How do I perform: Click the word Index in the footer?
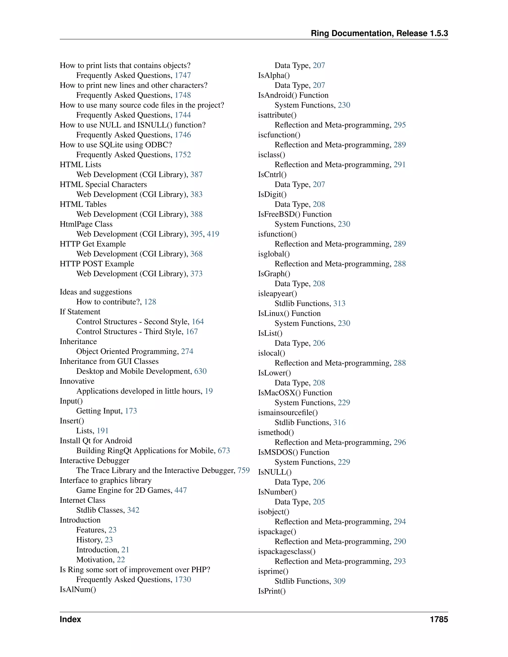pyautogui.click(x=70, y=619)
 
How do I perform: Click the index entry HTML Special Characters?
pyautogui.click(x=103, y=184)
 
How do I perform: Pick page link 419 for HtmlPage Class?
pyautogui.click(x=213, y=234)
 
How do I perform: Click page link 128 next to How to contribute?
pyautogui.click(x=150, y=302)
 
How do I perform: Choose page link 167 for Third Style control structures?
pyautogui.click(x=192, y=331)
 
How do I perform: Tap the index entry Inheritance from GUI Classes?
pyautogui.click(x=109, y=361)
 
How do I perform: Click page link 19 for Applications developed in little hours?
pyautogui.click(x=209, y=391)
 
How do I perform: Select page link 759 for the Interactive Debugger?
pyautogui.click(x=244, y=471)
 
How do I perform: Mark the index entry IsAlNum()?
pyautogui.click(x=78, y=590)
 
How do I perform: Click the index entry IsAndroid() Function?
pyautogui.click(x=293, y=95)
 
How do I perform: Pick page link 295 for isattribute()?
pyautogui.click(x=399, y=125)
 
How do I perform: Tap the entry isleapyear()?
pyautogui.click(x=277, y=294)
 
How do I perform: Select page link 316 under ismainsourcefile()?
pyautogui.click(x=339, y=423)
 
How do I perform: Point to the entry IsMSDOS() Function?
pyautogui.click(x=293, y=452)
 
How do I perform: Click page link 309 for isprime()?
pyautogui.click(x=339, y=581)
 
